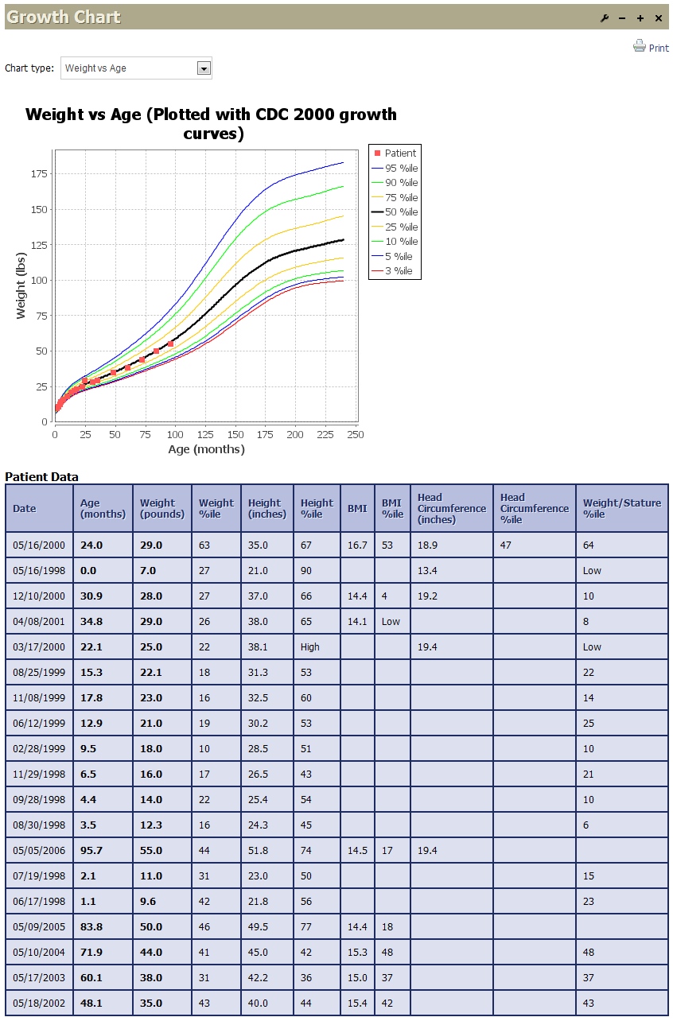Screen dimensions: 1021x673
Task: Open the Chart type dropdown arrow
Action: click(x=204, y=68)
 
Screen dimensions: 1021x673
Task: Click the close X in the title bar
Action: click(x=658, y=17)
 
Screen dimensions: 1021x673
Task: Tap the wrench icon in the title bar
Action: click(x=605, y=17)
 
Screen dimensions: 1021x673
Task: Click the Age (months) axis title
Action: click(x=206, y=449)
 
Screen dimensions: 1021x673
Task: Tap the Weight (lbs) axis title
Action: click(x=21, y=285)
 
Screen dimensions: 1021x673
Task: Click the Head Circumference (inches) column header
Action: click(x=451, y=508)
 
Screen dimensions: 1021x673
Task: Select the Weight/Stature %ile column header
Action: click(x=621, y=508)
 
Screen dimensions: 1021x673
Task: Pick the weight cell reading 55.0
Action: click(x=151, y=850)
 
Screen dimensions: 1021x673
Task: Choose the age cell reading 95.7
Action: click(x=92, y=850)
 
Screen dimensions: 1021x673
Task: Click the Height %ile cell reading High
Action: click(x=310, y=646)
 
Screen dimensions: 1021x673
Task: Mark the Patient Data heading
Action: click(x=42, y=477)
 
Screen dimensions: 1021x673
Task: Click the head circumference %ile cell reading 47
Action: click(x=507, y=545)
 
